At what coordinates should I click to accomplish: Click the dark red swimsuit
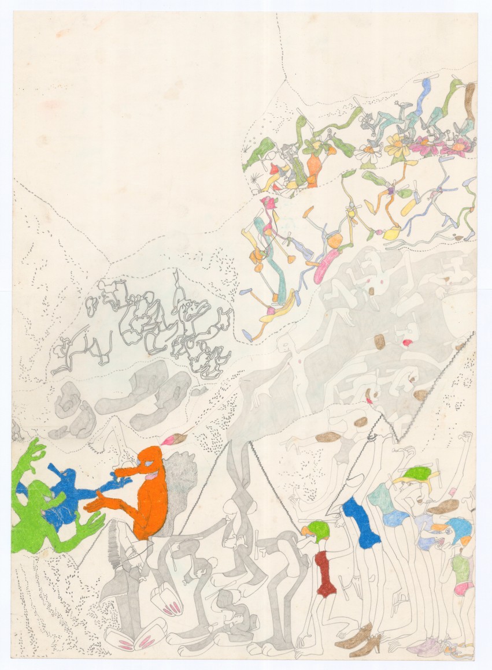pos(325,572)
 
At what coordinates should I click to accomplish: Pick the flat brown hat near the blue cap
pos(443,507)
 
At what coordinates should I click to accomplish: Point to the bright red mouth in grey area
pos(408,343)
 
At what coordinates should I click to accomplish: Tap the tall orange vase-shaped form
pos(313,167)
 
